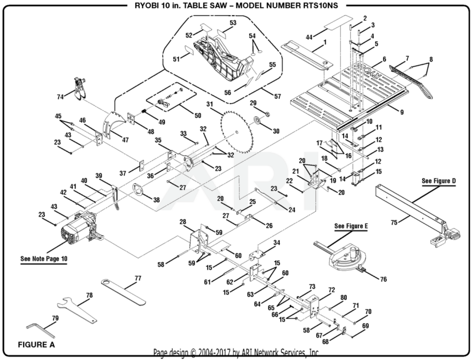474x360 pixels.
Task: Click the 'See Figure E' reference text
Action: [351, 226]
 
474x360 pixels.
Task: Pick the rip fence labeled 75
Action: [412, 209]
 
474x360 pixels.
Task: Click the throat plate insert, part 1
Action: [305, 56]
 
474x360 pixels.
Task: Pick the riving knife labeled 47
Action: [114, 124]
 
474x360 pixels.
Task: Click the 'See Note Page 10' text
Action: [44, 259]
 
